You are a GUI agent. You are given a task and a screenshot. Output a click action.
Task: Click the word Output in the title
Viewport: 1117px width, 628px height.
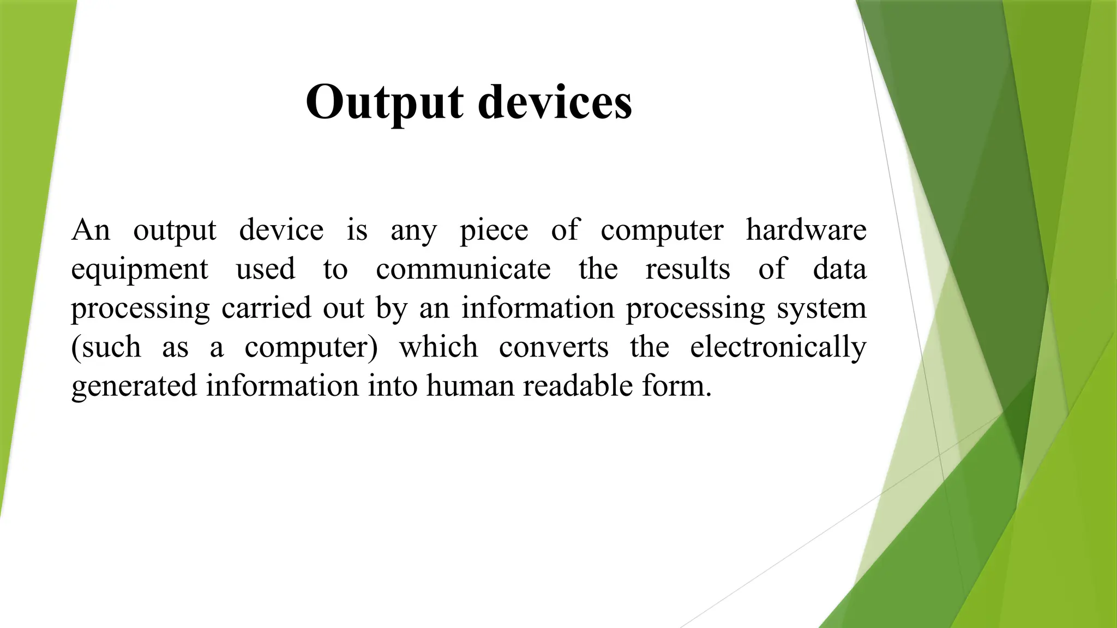385,102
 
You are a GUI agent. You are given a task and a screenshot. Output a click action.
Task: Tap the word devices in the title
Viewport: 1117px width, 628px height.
555,102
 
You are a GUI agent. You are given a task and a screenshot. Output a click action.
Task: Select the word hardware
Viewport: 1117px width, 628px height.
806,230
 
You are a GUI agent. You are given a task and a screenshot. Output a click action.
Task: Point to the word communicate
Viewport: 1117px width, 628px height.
463,269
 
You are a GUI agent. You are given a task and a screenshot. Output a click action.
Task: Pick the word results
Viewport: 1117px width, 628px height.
688,269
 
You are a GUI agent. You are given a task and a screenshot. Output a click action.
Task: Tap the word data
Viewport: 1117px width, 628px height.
839,269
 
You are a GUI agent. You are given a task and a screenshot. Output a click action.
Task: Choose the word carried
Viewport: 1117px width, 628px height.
266,308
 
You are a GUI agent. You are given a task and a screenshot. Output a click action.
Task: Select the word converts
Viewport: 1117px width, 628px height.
554,347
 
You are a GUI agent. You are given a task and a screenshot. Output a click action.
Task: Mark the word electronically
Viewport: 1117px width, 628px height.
778,347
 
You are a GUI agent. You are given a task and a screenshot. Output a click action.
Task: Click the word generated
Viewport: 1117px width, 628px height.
134,387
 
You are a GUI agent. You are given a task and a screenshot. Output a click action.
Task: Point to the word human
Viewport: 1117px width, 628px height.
470,387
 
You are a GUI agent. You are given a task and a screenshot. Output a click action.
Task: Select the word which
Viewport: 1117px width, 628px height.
439,347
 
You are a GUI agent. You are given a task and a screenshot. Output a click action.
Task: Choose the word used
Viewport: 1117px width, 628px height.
265,269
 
